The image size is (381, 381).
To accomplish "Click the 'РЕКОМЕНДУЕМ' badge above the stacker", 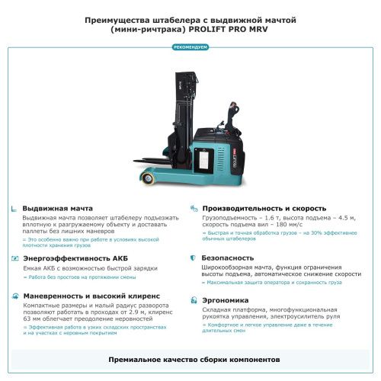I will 190,47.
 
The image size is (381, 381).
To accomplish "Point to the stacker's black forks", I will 156,162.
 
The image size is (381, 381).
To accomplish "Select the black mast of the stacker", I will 181,107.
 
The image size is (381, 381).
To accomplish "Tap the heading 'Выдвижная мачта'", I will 57,208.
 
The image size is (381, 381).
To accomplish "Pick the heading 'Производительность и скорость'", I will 264,208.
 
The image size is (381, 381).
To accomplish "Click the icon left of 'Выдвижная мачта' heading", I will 14,208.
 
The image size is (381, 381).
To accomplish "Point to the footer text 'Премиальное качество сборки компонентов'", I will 190,358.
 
